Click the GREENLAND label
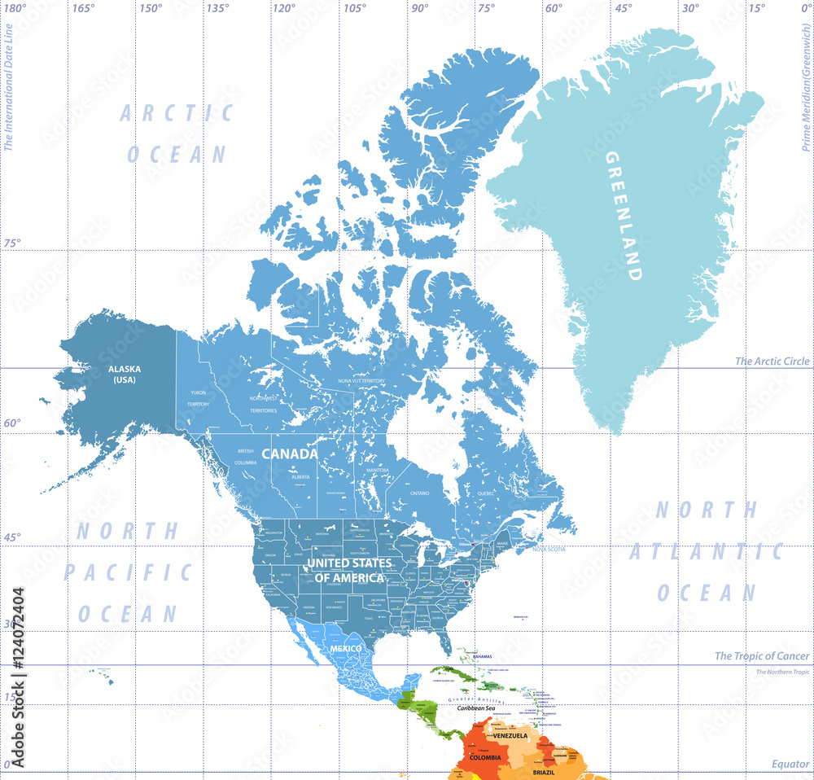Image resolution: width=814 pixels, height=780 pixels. (624, 216)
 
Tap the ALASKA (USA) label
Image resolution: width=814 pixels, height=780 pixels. (125, 374)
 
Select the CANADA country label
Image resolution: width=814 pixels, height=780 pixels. (289, 454)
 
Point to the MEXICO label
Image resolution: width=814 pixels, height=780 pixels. (345, 648)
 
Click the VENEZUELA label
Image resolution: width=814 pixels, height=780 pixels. (510, 735)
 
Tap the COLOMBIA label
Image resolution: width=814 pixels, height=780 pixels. (485, 757)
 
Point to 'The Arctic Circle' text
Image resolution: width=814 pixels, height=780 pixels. (772, 361)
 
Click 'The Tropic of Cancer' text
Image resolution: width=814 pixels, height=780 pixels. (762, 655)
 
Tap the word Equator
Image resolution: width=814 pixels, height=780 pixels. (790, 764)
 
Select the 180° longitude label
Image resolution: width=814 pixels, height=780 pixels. (15, 7)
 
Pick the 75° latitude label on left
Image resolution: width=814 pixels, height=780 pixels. (12, 243)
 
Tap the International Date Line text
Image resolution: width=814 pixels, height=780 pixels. (8, 85)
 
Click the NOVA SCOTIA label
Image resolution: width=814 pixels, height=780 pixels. (549, 548)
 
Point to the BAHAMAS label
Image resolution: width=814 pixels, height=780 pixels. (482, 656)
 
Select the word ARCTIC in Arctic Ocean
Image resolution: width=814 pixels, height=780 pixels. (177, 113)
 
